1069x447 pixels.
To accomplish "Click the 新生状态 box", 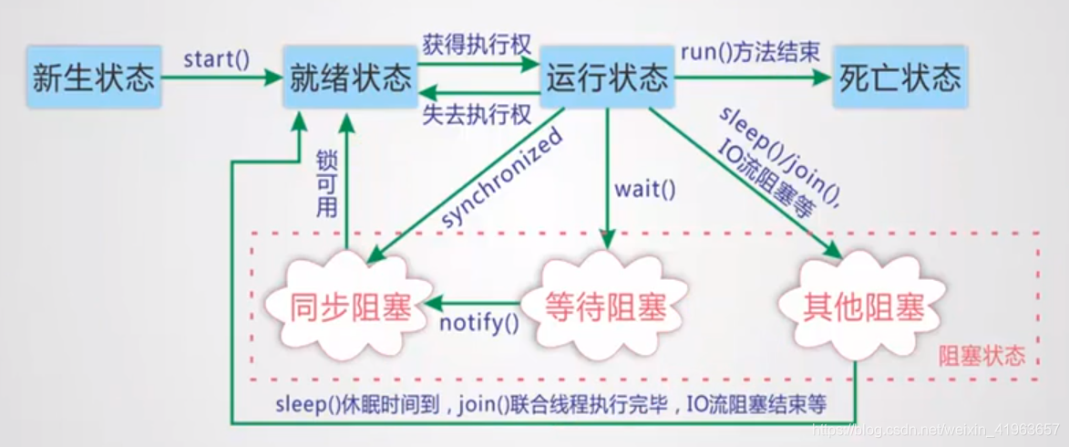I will click(93, 78).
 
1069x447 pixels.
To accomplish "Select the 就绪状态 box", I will click(350, 78).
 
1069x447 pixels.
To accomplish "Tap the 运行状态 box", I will click(606, 78).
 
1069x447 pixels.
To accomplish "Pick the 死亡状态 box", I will click(899, 78).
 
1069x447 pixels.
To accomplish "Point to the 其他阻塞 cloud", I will click(863, 307).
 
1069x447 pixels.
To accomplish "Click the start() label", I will click(216, 60).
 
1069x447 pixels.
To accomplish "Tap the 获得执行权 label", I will click(476, 43).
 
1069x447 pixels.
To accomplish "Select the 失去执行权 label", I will click(476, 113).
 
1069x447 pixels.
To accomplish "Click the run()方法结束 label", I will click(749, 51).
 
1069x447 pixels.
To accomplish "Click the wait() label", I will click(645, 190).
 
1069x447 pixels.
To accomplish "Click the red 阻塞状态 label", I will click(982, 355).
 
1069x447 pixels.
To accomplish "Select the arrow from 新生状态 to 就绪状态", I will click(219, 78).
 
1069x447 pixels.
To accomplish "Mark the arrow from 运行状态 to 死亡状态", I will click(752, 78).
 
